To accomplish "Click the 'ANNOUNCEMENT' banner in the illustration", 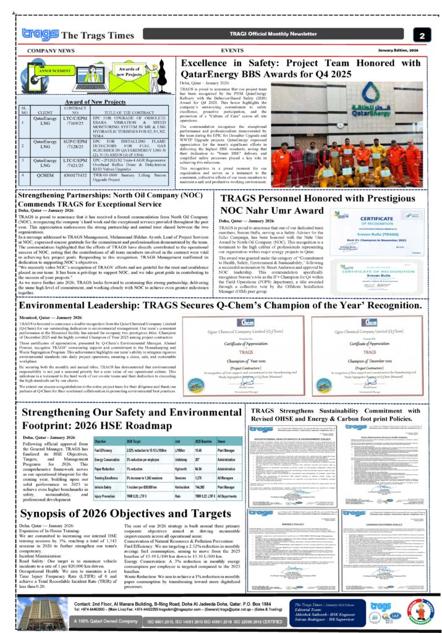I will (56, 71).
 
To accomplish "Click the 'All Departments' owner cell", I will (229, 496).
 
